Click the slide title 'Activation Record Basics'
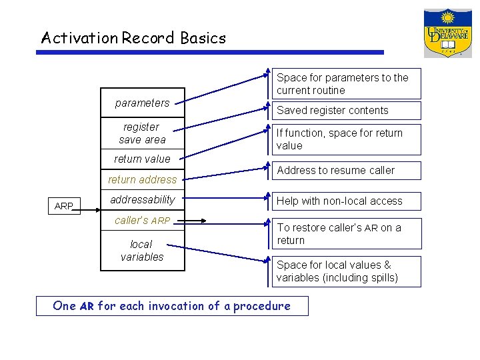point(133,38)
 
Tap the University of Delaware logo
point(447,33)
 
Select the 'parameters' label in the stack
point(142,103)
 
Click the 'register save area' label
point(141,133)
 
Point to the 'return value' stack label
point(142,159)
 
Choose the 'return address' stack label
point(142,179)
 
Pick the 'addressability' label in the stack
point(142,199)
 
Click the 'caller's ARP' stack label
point(142,220)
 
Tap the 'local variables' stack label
point(141,251)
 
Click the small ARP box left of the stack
point(64,206)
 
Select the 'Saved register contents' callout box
point(346,111)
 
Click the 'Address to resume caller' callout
point(346,171)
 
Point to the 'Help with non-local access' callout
point(346,201)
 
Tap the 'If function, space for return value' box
point(346,139)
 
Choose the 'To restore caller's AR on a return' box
point(346,233)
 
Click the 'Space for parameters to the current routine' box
point(346,84)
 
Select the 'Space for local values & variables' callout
point(346,271)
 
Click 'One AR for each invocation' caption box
point(172,306)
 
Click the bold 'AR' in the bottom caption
point(87,307)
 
